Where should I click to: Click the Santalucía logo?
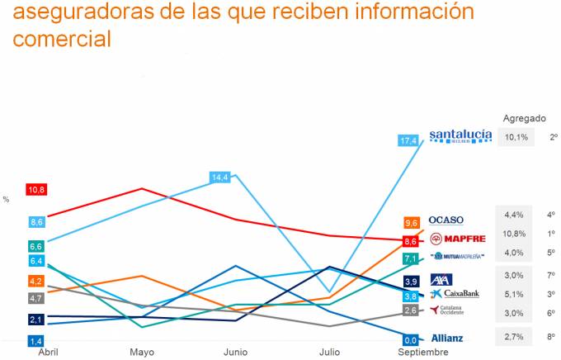[460, 136]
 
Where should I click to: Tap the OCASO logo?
[445, 220]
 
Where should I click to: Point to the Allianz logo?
[447, 338]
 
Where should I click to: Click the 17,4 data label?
[408, 141]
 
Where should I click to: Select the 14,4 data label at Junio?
[220, 177]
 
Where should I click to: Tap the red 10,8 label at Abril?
[36, 189]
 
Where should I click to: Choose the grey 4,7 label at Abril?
[36, 298]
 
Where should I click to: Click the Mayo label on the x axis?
[141, 353]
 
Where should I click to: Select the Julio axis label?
[330, 353]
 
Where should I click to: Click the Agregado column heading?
[524, 118]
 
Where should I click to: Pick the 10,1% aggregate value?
[516, 137]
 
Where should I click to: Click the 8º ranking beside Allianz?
[552, 337]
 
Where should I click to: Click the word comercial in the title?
[62, 39]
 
